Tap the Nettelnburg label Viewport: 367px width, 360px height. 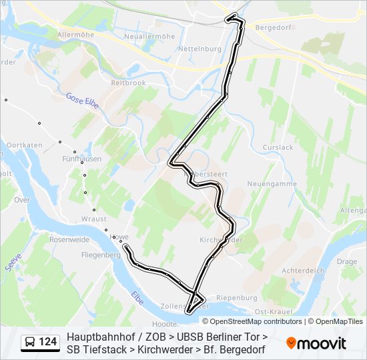(200, 49)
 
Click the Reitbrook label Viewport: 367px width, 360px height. (128, 83)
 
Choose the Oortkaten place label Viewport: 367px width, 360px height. (25, 145)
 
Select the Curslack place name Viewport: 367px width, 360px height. (278, 147)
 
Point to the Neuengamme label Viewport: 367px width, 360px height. (267, 183)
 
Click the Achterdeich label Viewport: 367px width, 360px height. (302, 271)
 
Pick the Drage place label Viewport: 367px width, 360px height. (347, 262)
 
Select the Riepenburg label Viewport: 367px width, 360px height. (238, 297)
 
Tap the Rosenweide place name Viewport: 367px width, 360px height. (69, 239)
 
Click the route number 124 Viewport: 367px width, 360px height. (47, 342)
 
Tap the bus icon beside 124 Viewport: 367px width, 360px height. (30, 342)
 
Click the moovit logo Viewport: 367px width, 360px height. (316, 343)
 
